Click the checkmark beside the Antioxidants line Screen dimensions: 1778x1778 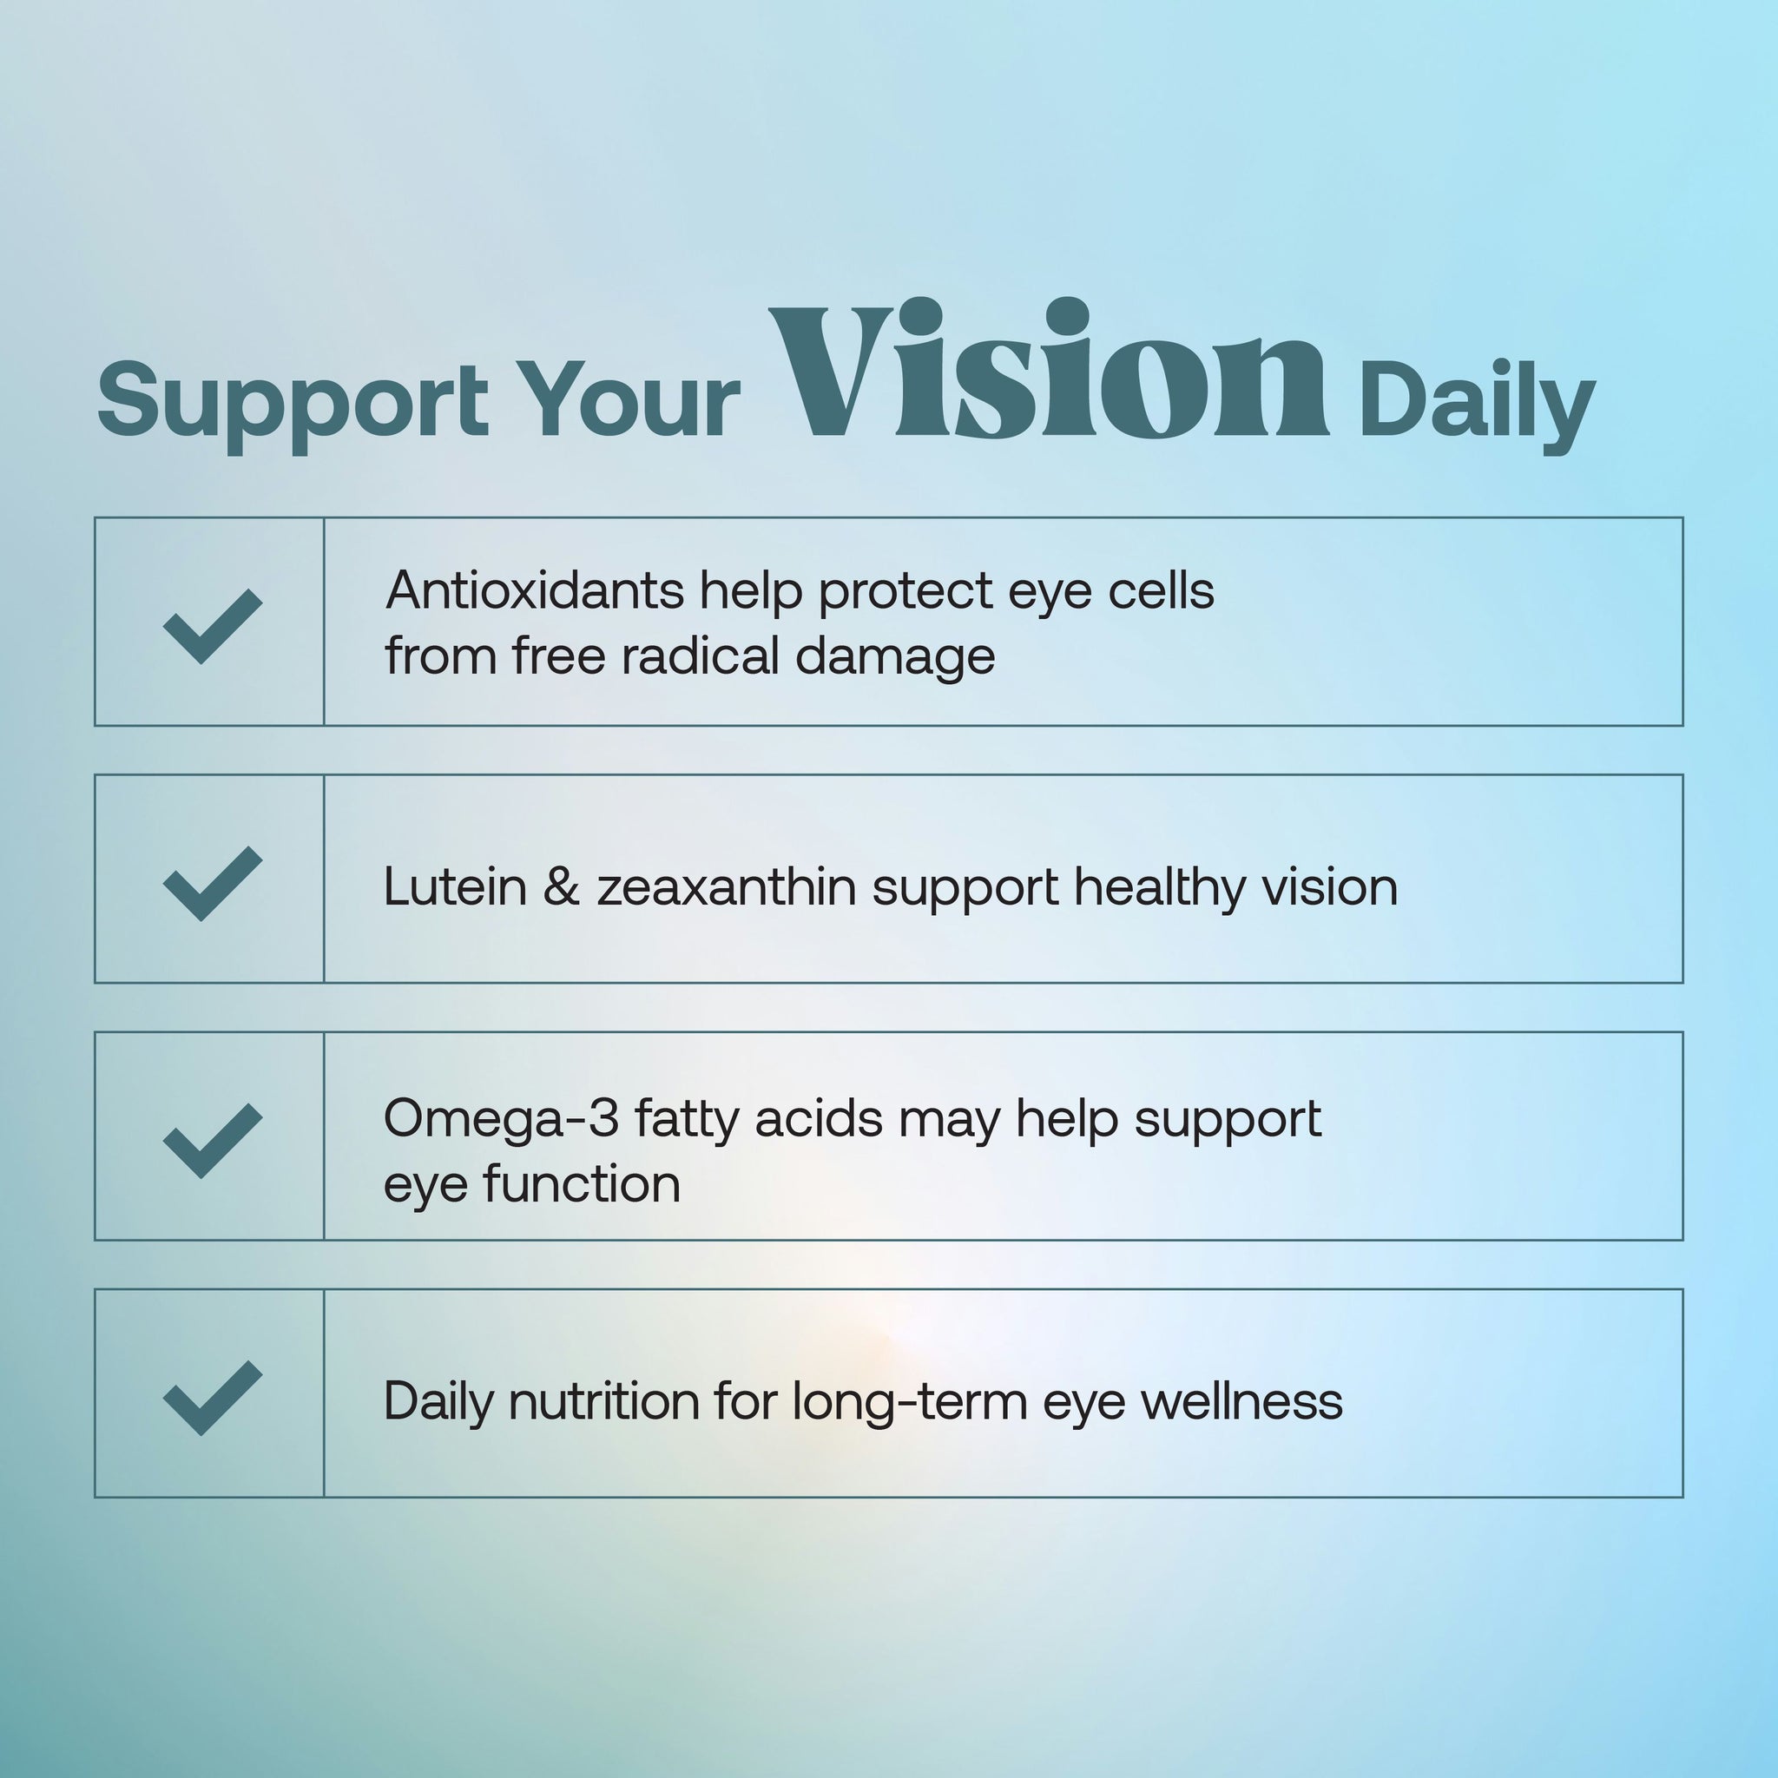tap(212, 626)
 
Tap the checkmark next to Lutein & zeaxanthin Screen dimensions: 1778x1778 tap(212, 884)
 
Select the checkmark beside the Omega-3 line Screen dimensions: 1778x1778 tap(212, 1140)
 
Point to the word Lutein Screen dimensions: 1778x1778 tap(455, 888)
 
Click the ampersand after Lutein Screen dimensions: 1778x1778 tap(562, 888)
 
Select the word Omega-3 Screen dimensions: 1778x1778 tap(501, 1120)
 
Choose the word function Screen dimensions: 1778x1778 tap(582, 1184)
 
